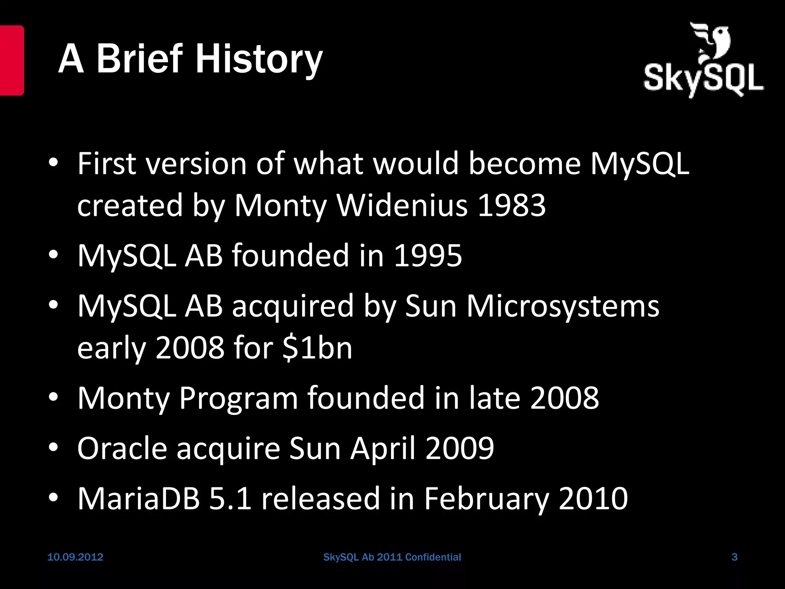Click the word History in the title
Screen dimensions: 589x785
[x=259, y=59]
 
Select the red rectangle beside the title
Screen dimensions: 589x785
[x=11, y=60]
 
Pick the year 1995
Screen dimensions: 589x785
[x=428, y=256]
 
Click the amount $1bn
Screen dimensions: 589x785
[x=317, y=348]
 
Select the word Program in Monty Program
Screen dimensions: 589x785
[x=238, y=398]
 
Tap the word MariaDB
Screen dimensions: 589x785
[x=139, y=499]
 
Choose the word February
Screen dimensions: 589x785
[x=486, y=499]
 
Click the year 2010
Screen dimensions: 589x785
[x=593, y=499]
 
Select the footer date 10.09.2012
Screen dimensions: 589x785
[x=75, y=557]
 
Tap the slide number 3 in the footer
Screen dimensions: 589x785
[x=734, y=557]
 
